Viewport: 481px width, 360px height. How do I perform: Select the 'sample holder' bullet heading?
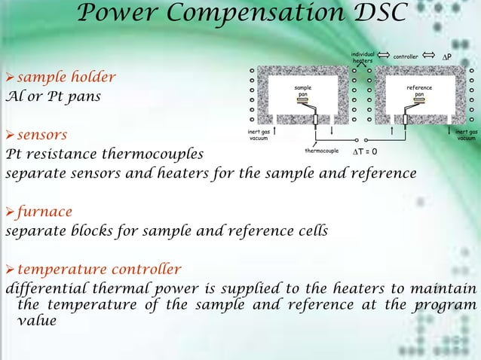(66, 77)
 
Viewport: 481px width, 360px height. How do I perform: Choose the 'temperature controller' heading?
(99, 269)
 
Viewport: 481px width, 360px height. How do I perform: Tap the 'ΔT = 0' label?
(365, 152)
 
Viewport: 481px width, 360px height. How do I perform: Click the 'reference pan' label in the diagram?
(419, 90)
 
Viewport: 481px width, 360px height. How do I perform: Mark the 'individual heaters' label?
(363, 56)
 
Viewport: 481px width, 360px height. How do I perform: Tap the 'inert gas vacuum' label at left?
(259, 136)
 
